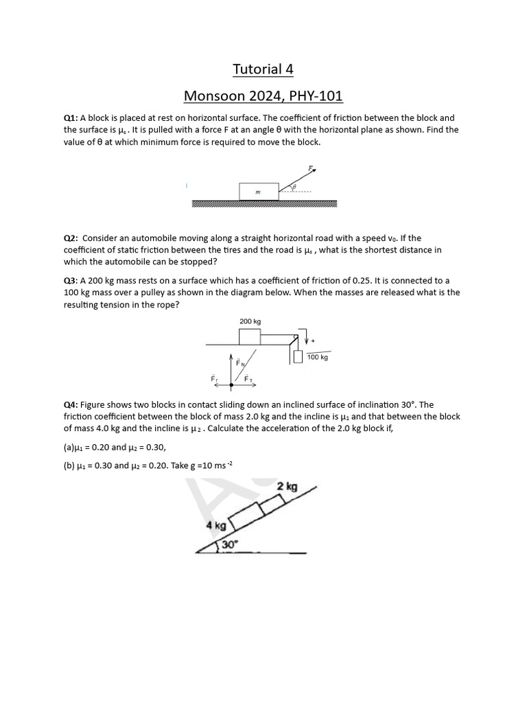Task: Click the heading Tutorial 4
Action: [x=257, y=69]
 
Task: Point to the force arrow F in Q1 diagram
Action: [x=302, y=178]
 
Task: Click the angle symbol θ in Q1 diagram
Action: [x=294, y=186]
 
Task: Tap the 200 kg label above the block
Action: [x=250, y=321]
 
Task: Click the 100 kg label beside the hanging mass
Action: [x=318, y=358]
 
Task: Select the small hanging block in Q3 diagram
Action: [x=298, y=357]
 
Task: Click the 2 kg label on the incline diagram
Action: [x=287, y=487]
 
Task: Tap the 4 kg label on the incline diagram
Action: [x=216, y=525]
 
